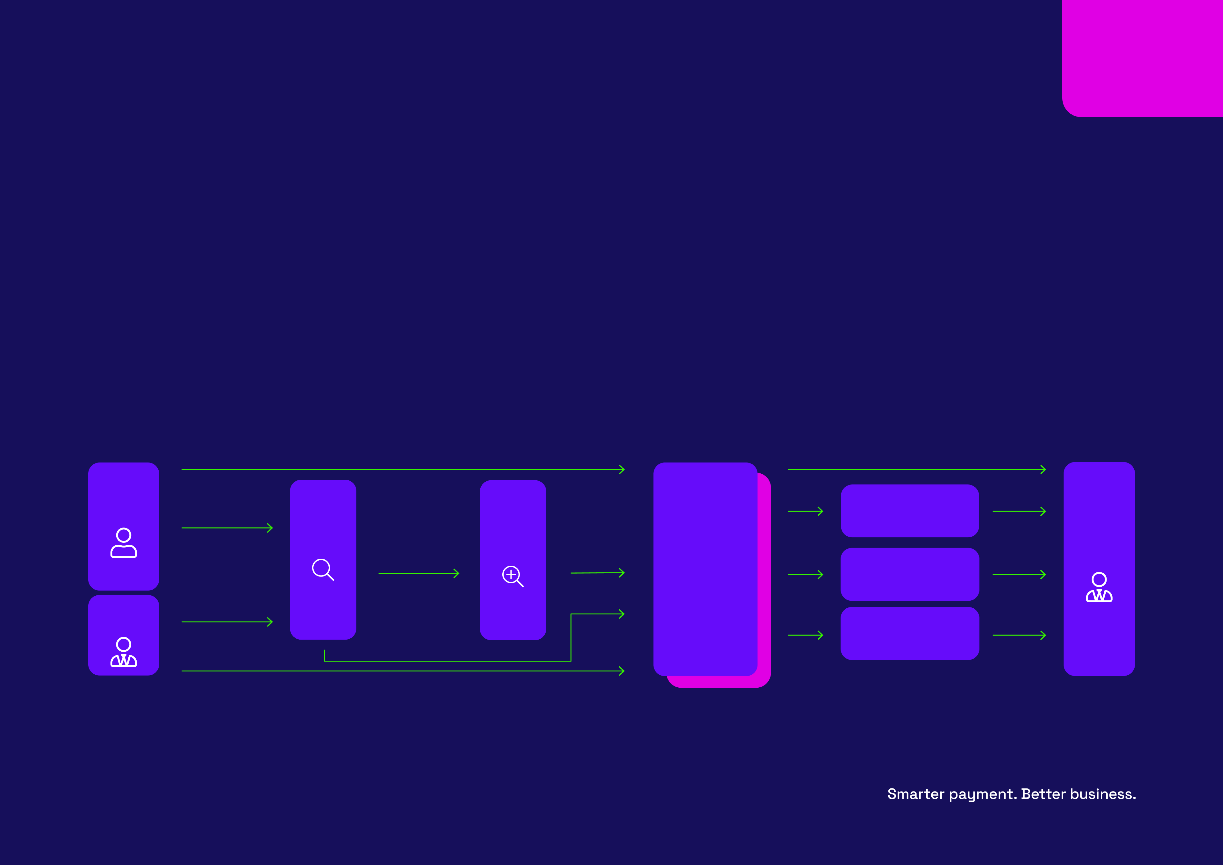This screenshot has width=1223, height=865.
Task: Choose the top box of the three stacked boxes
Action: point(910,511)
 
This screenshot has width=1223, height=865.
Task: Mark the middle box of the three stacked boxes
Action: point(910,574)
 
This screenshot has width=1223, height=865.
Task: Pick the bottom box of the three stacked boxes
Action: point(910,633)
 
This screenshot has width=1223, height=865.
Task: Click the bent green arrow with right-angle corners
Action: point(448,661)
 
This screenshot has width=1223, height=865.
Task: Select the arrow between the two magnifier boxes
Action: point(419,573)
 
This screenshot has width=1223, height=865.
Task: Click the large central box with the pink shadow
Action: point(705,569)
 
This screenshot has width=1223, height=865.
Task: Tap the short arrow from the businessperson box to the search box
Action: point(227,622)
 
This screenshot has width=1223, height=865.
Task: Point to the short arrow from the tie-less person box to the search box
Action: point(227,528)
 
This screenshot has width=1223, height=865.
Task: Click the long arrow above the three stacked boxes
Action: point(917,469)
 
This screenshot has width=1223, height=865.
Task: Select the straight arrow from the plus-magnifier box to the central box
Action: point(597,573)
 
